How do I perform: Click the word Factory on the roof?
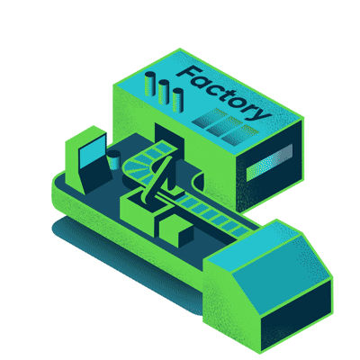(x=224, y=94)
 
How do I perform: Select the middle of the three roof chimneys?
(x=164, y=92)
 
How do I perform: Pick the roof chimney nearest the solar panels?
(x=178, y=100)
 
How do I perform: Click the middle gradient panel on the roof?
(x=226, y=126)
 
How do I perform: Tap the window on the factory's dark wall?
(x=269, y=162)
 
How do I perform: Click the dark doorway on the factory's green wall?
(x=169, y=137)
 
